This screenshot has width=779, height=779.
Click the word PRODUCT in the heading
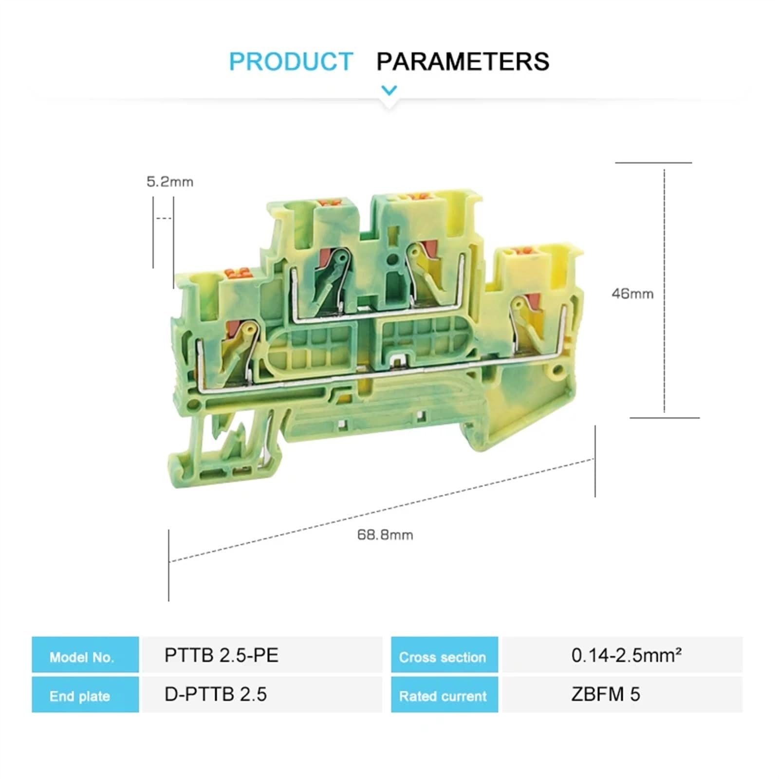pos(291,62)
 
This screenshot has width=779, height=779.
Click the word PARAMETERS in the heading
pos(463,62)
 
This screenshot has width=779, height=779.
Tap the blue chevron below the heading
pos(389,90)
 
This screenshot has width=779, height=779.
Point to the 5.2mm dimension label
pos(170,182)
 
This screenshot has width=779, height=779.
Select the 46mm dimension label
pos(632,294)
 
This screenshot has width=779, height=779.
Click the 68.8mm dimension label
pos(385,535)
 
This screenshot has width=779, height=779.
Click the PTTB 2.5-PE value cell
pos(261,655)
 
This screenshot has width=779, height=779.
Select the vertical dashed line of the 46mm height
pos(664,292)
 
